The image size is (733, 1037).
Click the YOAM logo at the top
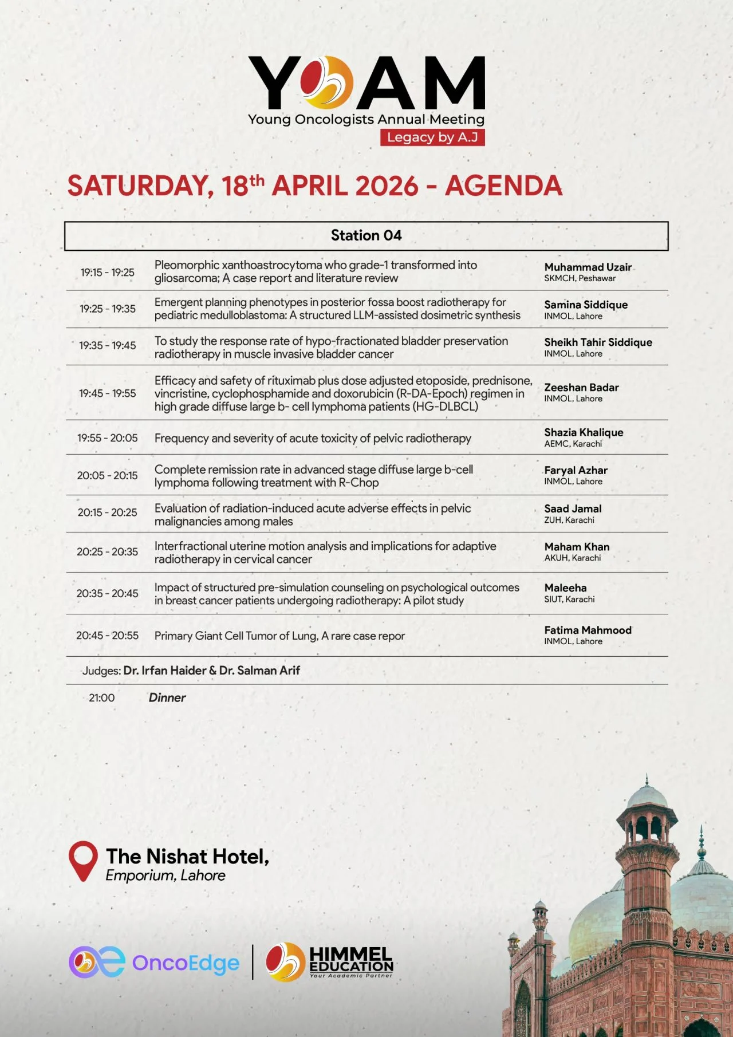click(x=366, y=83)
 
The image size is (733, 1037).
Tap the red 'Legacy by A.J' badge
click(x=432, y=137)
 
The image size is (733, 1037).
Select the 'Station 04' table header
click(x=366, y=235)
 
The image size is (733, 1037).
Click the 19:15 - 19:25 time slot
click(x=107, y=273)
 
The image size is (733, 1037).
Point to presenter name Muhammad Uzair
click(x=588, y=267)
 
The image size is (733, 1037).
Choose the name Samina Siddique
click(x=585, y=305)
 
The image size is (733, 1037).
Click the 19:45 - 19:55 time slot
click(x=107, y=393)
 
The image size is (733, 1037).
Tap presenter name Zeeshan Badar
click(x=581, y=388)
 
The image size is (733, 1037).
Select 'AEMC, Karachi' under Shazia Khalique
click(x=573, y=444)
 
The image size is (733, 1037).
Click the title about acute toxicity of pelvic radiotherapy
click(x=313, y=439)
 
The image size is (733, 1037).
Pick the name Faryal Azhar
click(x=576, y=470)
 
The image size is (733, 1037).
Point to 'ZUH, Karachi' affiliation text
click(x=569, y=520)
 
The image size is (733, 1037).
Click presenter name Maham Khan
click(x=577, y=547)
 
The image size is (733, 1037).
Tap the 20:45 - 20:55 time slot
click(x=107, y=636)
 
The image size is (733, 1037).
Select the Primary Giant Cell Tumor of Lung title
click(x=279, y=636)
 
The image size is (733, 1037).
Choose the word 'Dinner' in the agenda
click(x=167, y=697)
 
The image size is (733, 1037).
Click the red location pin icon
click(x=83, y=861)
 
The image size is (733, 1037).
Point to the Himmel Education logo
click(x=329, y=961)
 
